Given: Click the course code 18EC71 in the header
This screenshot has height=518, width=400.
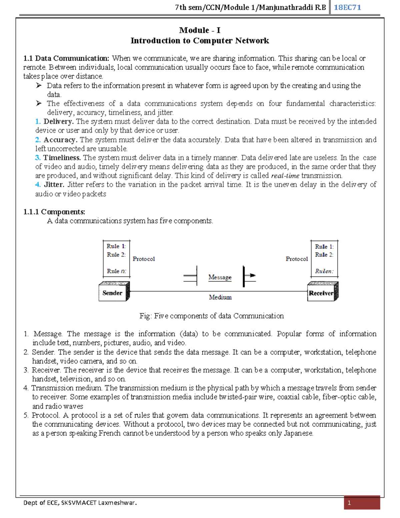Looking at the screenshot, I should [347, 7].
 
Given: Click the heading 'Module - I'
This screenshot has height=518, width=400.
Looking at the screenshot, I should [200, 30].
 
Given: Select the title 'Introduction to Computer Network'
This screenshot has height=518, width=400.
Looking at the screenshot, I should [200, 41].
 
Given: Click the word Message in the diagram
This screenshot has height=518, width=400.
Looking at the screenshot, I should [220, 277].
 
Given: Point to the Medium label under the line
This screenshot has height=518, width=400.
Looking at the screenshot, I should [220, 297].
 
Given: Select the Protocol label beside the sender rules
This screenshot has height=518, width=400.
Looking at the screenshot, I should [144, 259].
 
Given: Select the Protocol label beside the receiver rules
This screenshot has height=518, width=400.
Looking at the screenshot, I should [297, 259].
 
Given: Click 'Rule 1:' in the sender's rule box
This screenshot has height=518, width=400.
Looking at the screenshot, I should [116, 246].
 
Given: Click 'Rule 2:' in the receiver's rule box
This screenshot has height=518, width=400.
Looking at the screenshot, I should [324, 255].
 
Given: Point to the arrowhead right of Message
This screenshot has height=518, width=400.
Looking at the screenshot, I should [252, 276].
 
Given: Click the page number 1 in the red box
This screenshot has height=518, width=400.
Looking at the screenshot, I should [349, 503].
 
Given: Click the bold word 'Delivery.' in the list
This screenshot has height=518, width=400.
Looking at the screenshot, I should [58, 121].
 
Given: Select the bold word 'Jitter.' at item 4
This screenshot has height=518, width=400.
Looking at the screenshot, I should [54, 185].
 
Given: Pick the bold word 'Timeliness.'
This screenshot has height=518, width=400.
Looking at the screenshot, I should [62, 158].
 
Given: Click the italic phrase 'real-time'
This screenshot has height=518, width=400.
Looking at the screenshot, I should [285, 176].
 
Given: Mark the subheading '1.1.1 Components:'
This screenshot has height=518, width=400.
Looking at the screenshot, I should [54, 212].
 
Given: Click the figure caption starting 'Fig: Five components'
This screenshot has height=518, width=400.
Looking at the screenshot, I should [211, 316].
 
